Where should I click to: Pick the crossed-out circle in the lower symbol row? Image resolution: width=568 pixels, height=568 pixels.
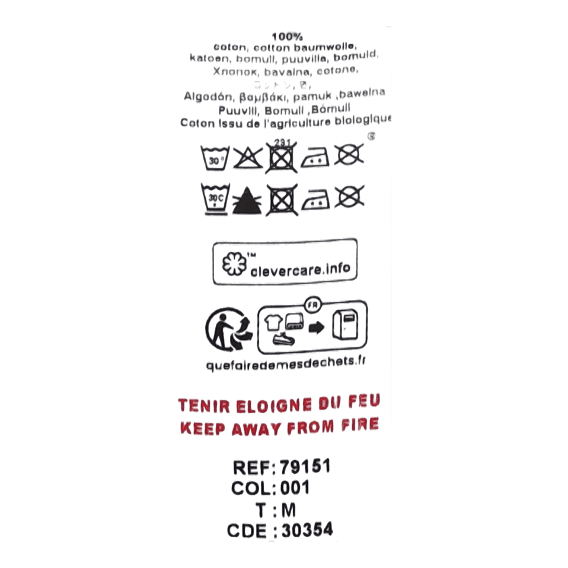coord(349,196)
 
